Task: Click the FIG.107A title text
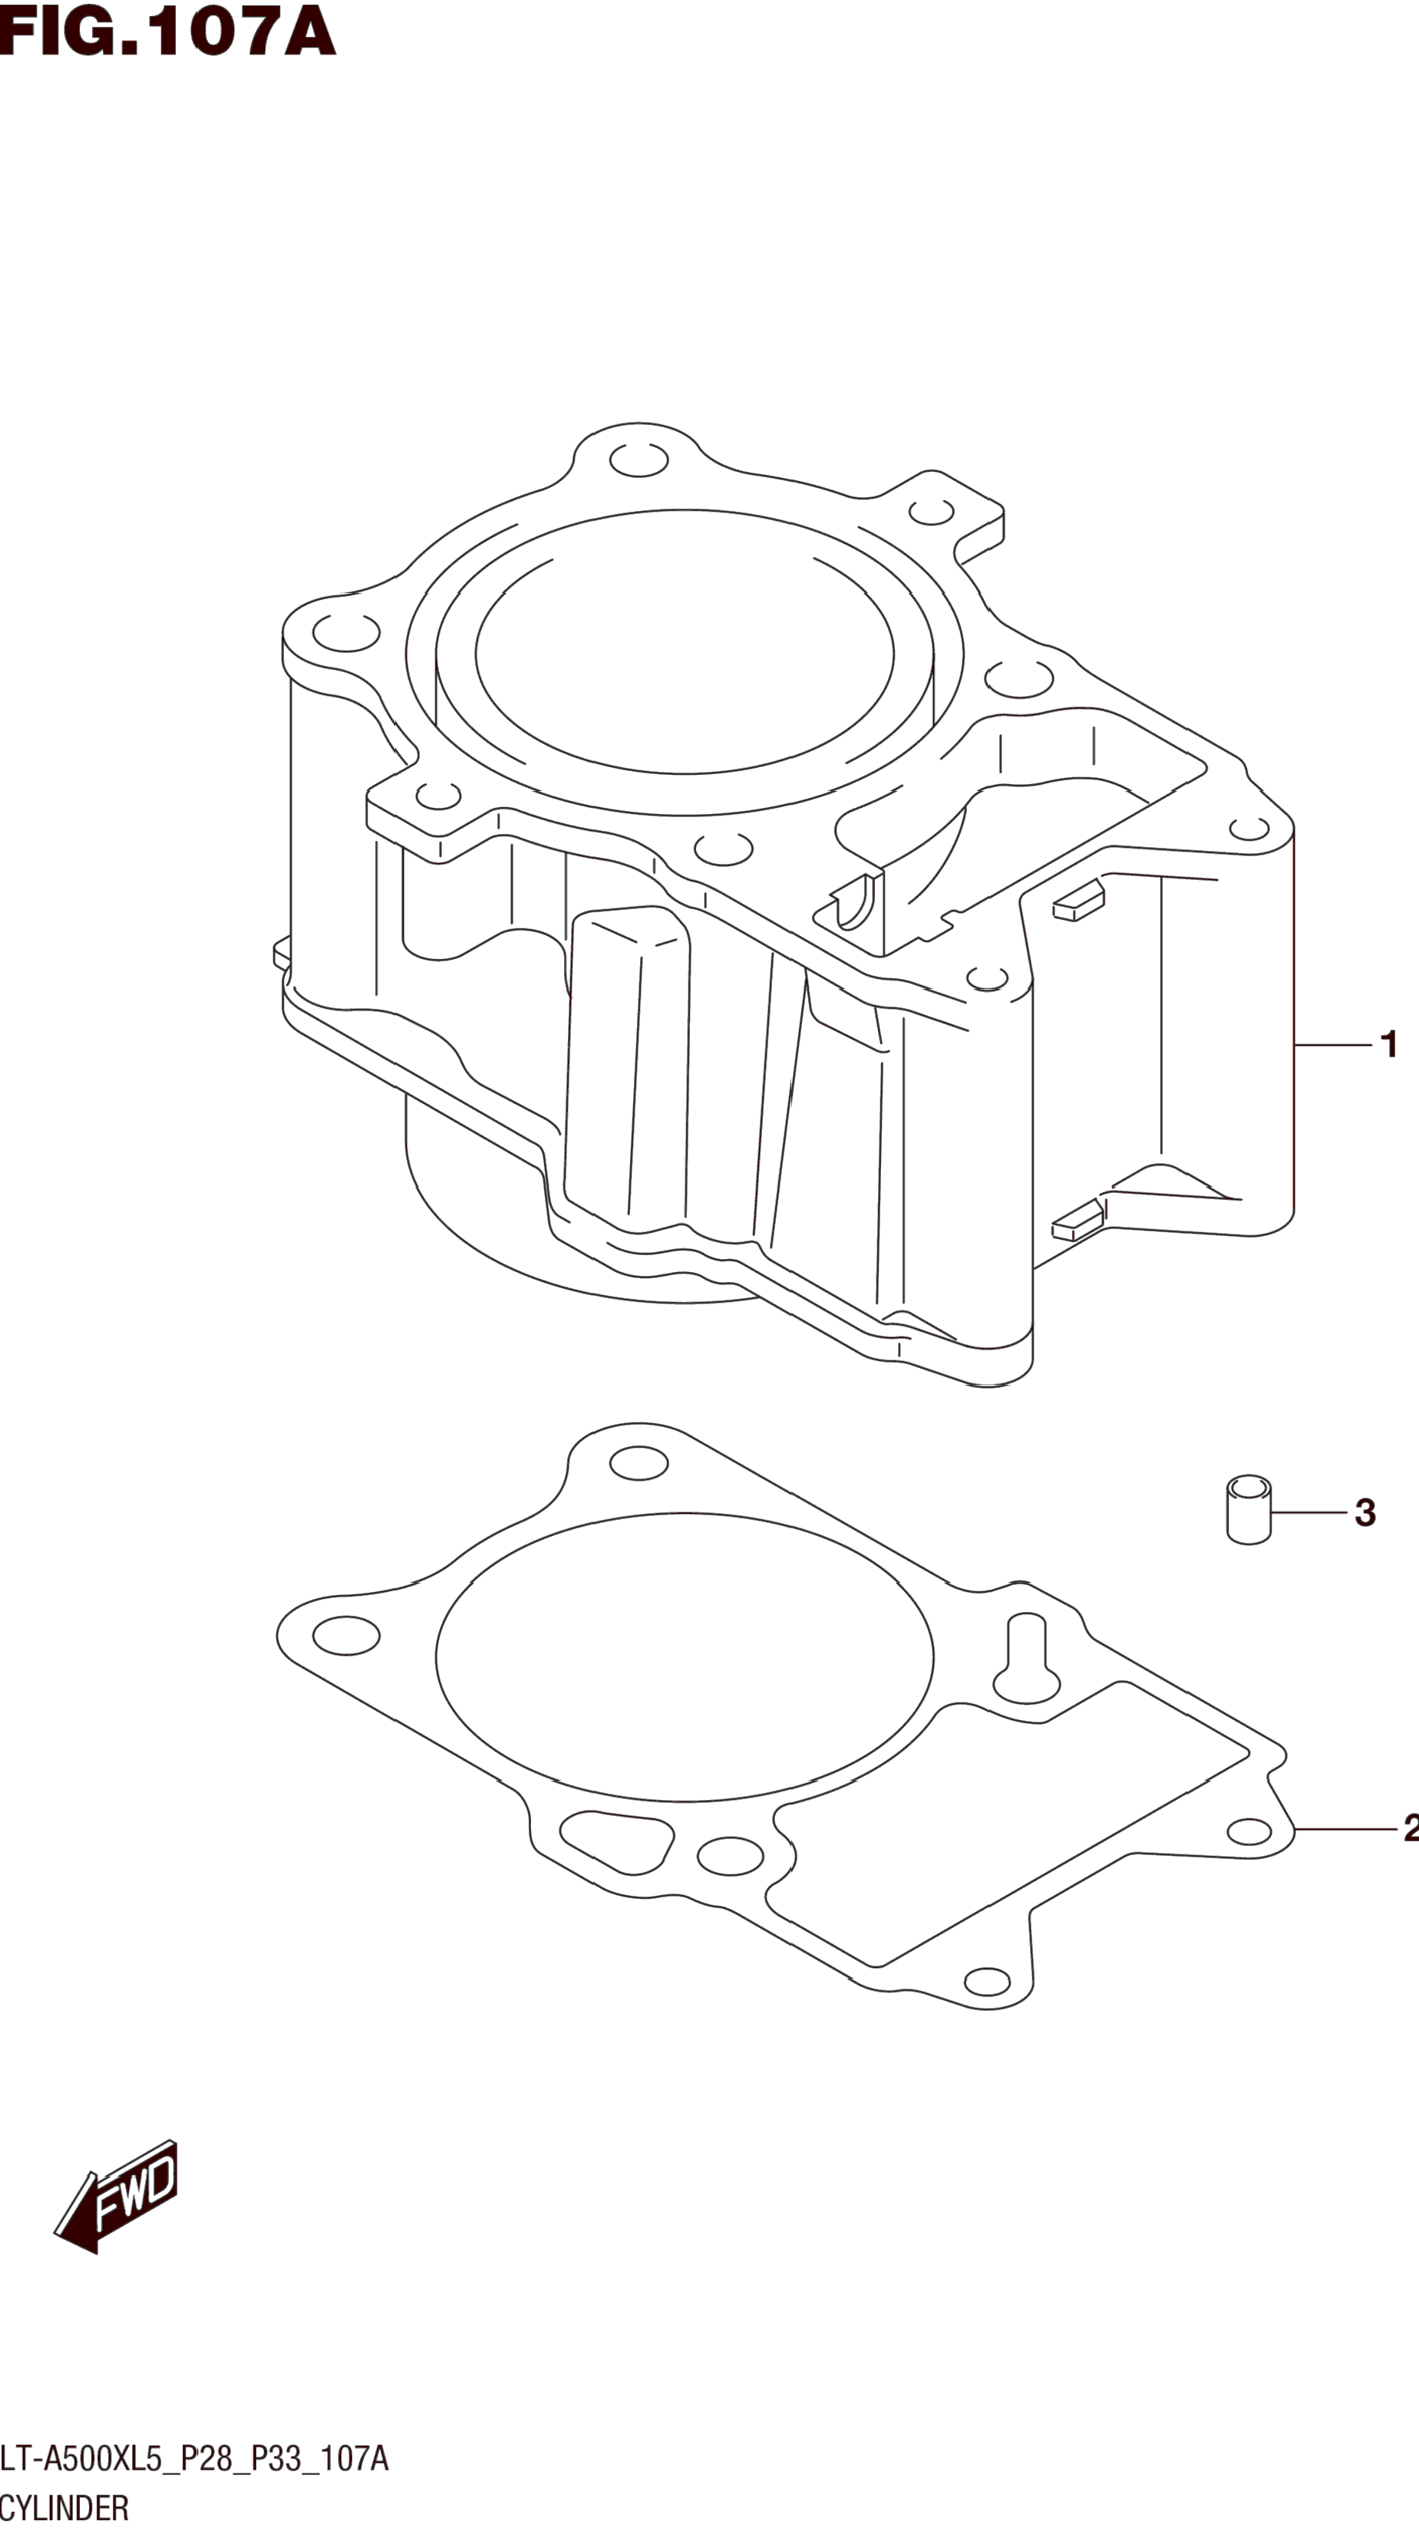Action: [x=167, y=31]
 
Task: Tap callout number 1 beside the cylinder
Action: [x=1388, y=1044]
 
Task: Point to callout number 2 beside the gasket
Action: [x=1410, y=1828]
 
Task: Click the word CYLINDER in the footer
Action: [x=64, y=2507]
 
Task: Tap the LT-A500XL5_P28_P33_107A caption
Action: [x=194, y=2458]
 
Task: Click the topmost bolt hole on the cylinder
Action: [x=639, y=460]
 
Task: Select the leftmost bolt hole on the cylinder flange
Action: [x=346, y=633]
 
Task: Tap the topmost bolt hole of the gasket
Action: [x=639, y=1463]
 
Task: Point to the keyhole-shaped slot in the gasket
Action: [x=1027, y=1659]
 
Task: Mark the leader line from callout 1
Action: [x=1332, y=1045]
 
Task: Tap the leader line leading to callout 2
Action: [x=1345, y=1829]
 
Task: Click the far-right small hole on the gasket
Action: [x=1249, y=1831]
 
